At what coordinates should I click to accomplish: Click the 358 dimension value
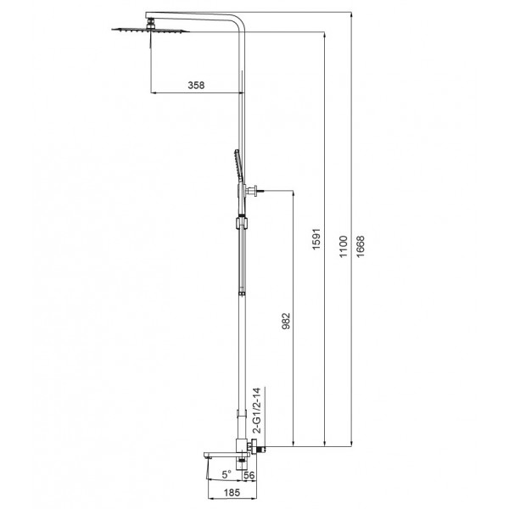[196, 86]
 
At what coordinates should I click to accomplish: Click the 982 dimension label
[286, 320]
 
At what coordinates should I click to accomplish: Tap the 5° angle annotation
[225, 474]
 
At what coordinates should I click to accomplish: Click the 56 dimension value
[249, 474]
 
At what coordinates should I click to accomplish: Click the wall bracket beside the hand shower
[252, 193]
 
